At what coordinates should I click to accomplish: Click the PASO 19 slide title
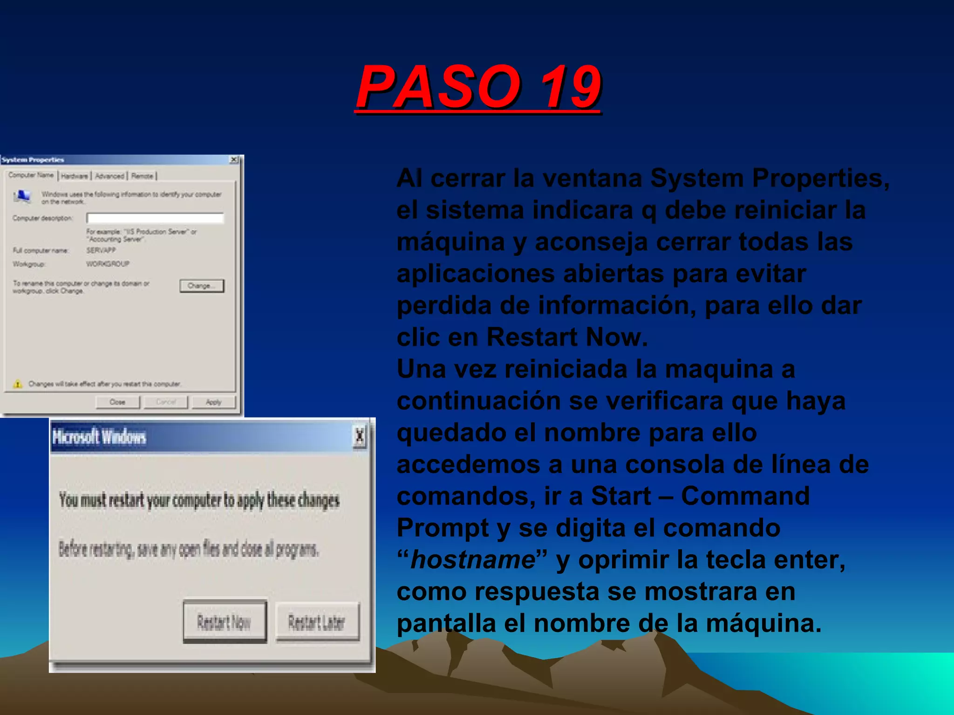coord(478,87)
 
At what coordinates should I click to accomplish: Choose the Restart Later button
coord(317,622)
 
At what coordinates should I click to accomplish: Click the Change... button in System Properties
coord(202,286)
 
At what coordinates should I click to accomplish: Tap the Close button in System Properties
coord(117,402)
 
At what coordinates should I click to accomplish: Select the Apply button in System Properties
coord(213,402)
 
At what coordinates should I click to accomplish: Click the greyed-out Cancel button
coord(166,402)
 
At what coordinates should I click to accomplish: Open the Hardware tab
coord(75,176)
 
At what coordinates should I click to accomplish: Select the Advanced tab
coord(110,176)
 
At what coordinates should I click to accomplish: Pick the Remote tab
coord(143,176)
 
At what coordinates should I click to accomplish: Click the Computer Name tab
coord(31,175)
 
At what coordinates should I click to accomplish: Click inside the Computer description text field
coord(155,218)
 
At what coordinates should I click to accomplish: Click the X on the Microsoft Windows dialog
coord(359,437)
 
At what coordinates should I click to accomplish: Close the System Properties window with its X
coord(234,160)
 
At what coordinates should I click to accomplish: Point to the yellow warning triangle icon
coord(18,384)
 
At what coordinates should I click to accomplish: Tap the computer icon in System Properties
coord(22,196)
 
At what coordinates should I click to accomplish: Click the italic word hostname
coord(472,560)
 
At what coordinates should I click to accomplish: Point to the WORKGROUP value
coord(108,264)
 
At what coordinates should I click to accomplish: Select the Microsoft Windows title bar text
coord(99,437)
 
